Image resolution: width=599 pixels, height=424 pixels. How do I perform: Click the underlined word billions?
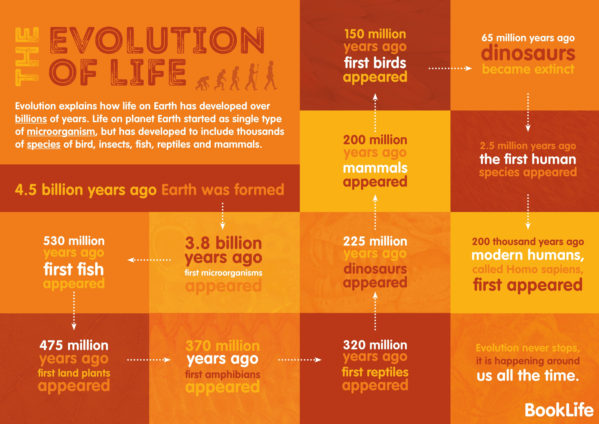pyautogui.click(x=31, y=119)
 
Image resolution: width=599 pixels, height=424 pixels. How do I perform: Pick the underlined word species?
pyautogui.click(x=44, y=144)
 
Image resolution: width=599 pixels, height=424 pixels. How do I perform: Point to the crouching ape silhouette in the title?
pyautogui.click(x=203, y=83)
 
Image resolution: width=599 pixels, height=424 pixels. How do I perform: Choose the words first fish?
pyautogui.click(x=74, y=269)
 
